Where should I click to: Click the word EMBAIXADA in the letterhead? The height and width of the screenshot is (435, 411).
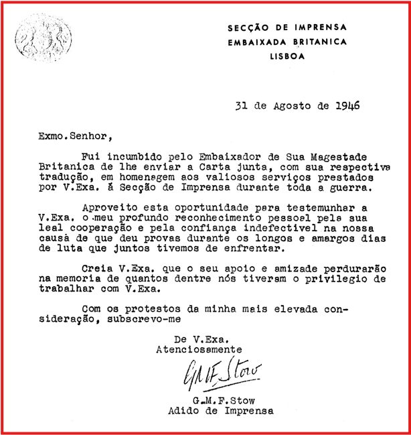pos(255,42)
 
